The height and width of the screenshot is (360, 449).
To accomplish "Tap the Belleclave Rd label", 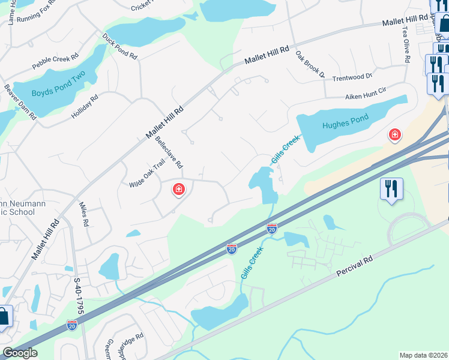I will point(169,152).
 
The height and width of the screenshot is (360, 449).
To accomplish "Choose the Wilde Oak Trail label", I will point(146,174).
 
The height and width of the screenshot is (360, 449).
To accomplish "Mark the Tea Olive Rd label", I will point(406,44).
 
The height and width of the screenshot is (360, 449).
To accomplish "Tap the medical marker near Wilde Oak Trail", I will point(178,190).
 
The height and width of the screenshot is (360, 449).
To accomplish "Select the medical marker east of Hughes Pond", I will point(395,135).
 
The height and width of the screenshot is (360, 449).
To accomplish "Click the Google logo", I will point(20,353).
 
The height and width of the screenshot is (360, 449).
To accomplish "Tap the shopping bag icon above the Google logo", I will point(4,316).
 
